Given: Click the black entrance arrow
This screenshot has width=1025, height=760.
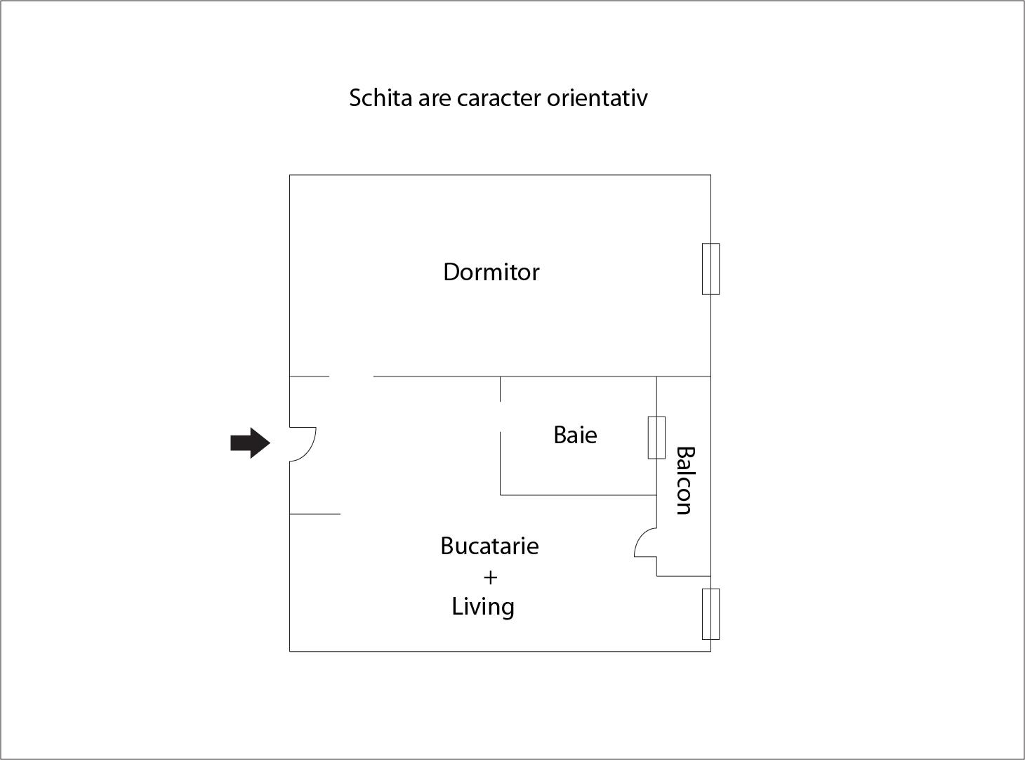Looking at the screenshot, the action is point(250,443).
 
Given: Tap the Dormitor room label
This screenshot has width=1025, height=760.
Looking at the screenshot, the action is point(491,272).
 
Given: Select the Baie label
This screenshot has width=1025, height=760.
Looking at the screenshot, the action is point(576,435).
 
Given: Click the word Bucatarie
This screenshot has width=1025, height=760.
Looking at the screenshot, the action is point(489,546).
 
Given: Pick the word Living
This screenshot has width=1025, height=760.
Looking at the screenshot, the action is point(483,607).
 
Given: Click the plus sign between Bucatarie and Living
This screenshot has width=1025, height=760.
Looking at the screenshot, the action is point(490,577).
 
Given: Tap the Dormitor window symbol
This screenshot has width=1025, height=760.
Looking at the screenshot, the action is point(710,269).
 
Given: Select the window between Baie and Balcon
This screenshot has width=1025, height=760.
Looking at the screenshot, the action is point(656,438).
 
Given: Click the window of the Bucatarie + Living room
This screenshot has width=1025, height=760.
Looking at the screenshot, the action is point(710,615).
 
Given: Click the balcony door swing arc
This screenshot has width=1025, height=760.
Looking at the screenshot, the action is point(640,537).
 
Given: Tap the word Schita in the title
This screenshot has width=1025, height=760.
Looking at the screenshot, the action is point(381,98).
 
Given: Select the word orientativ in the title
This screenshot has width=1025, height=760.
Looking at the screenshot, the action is point(597,98).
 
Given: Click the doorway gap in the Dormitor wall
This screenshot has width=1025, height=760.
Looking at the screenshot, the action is point(351,376).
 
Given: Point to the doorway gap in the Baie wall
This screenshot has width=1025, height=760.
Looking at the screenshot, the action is point(500,417).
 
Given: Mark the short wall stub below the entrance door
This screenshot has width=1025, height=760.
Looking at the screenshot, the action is point(315,514).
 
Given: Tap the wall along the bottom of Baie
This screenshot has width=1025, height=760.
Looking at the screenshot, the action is point(578,495).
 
